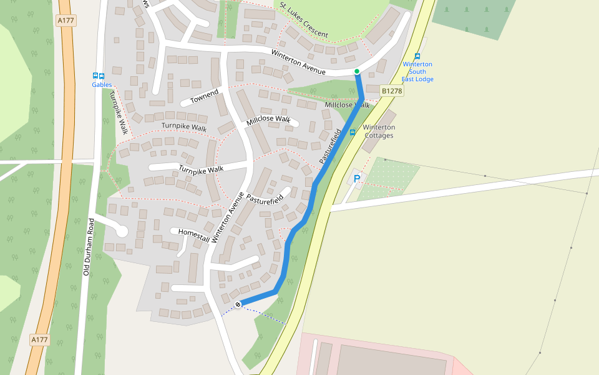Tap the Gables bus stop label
[x=102, y=84]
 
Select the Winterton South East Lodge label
[x=417, y=72]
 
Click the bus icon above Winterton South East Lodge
[x=417, y=56]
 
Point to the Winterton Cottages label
[x=379, y=131]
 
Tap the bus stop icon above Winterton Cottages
[x=353, y=132]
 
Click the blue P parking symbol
[x=357, y=179]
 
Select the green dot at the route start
[x=357, y=71]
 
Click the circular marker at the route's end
[x=238, y=304]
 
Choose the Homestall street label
[x=193, y=232]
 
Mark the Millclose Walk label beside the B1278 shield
[x=347, y=105]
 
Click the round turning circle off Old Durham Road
[x=121, y=231]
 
